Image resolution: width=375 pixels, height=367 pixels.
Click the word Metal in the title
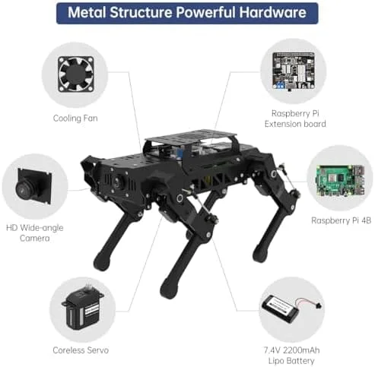[87, 13]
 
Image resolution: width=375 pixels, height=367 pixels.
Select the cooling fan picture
[76, 74]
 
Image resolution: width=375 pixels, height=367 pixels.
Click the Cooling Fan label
[75, 119]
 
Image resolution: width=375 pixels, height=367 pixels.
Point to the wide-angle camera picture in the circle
[34, 186]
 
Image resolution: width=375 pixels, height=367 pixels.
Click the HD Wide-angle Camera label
[35, 233]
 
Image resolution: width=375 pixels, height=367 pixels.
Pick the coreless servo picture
[82, 306]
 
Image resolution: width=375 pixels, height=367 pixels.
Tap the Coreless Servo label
[81, 350]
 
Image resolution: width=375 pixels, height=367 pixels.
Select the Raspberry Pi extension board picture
[294, 71]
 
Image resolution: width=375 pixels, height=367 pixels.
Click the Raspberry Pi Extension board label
[295, 119]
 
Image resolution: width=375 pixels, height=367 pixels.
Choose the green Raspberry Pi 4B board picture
[341, 181]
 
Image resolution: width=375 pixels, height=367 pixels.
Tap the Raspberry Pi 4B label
[341, 220]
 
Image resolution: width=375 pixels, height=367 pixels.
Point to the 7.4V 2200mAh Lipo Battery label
[291, 356]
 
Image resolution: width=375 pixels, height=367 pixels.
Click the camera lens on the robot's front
[117, 182]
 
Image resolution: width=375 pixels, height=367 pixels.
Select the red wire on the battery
[307, 301]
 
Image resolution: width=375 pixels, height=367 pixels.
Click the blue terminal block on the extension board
[280, 85]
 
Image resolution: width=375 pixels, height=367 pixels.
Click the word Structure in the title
[141, 13]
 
